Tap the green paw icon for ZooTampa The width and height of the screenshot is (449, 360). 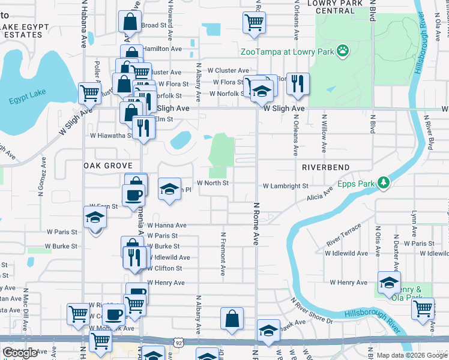(x=342, y=51)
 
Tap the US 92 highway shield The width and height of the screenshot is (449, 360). (x=178, y=343)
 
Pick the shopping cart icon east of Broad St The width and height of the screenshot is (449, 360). (x=254, y=23)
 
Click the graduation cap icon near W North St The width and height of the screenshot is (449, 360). (x=170, y=188)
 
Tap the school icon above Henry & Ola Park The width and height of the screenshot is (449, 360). (x=389, y=281)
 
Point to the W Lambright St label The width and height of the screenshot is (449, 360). (x=285, y=187)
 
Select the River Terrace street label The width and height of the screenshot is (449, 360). (x=343, y=235)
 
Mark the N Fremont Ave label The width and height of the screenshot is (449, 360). (x=223, y=254)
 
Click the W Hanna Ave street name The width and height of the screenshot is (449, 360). (x=167, y=225)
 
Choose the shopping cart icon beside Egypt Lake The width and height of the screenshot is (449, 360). (x=89, y=93)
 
